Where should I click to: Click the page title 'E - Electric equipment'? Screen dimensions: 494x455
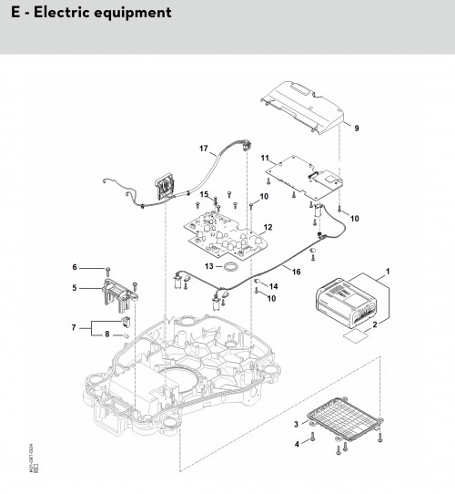86,14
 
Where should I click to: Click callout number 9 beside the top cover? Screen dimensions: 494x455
356,128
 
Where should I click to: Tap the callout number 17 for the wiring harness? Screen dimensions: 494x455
204,148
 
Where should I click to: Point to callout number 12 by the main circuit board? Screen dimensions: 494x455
268,227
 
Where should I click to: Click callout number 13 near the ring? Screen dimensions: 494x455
208,266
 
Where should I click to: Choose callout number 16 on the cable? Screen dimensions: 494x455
296,272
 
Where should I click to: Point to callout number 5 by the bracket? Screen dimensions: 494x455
76,288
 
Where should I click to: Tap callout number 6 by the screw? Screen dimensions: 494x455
76,268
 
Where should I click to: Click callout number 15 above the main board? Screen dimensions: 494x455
205,194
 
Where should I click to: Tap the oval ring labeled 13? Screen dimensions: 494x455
231,266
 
